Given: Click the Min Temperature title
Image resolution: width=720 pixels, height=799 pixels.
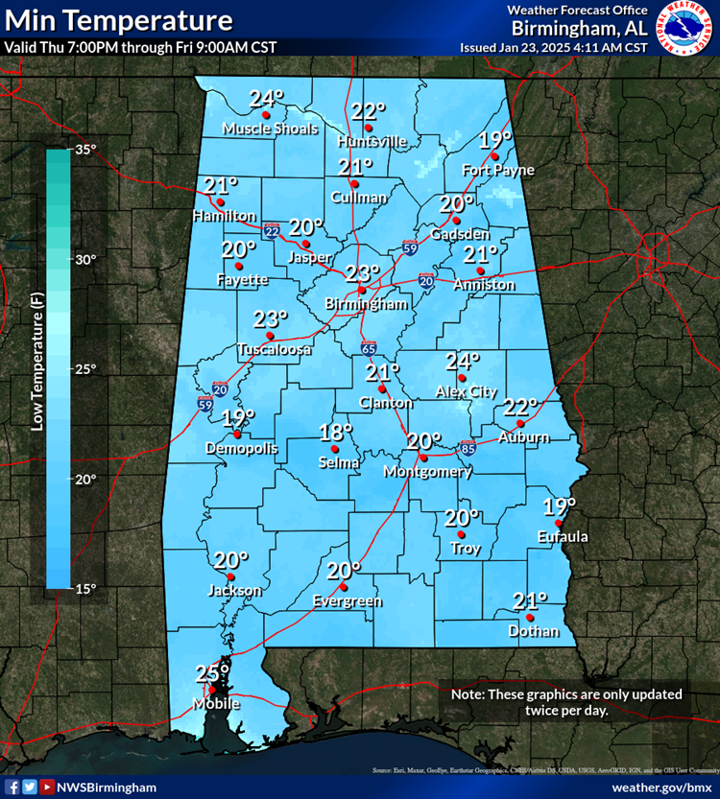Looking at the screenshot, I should tap(117, 20).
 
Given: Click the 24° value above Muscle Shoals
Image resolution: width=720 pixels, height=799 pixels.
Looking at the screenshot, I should tap(267, 98).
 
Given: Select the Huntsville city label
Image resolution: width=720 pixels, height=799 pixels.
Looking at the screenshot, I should tap(372, 142).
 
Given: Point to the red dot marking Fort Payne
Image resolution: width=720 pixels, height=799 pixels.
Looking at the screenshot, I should tap(494, 156).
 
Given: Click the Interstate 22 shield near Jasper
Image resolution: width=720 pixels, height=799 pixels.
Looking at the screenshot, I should tap(273, 230).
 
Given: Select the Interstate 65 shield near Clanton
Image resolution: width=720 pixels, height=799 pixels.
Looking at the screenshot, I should tap(370, 347).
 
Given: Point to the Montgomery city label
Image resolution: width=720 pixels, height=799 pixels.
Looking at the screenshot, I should tap(426, 472).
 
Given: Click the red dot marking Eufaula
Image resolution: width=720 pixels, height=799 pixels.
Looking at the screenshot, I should tap(559, 523).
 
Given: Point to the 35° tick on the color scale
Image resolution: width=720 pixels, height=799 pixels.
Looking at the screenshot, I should tap(86, 150).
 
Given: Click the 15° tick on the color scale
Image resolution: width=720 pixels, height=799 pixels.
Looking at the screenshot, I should tap(86, 588).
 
